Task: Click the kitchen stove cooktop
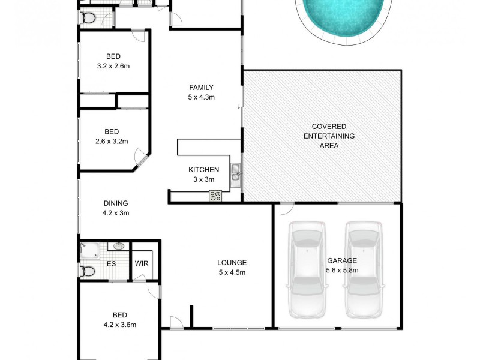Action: click(215, 195)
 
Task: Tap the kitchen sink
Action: click(236, 172)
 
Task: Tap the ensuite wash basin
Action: click(119, 246)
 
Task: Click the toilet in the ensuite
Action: click(88, 271)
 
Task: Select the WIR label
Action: click(142, 263)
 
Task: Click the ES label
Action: click(111, 263)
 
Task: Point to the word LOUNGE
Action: click(232, 262)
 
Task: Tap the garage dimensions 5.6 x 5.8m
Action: click(342, 271)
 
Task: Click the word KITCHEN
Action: click(204, 170)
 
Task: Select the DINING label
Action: click(115, 203)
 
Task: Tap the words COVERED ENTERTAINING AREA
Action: click(329, 136)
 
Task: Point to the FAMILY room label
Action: click(202, 87)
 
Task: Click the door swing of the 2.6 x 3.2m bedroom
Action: click(142, 160)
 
